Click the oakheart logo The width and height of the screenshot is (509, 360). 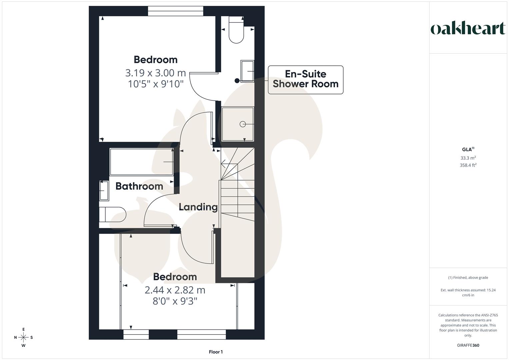coord(468,29)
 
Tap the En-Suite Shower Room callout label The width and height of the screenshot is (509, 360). coord(305,79)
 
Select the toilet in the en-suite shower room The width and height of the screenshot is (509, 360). coord(236,30)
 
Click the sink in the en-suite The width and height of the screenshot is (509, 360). coord(247,71)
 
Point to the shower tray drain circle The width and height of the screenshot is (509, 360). coord(242,124)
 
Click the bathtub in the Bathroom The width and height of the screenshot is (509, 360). coord(141,162)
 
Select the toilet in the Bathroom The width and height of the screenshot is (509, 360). coord(112,214)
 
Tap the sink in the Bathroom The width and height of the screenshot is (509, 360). coord(104,191)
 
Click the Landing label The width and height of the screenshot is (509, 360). coord(198,207)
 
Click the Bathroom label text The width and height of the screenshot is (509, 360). coord(139,186)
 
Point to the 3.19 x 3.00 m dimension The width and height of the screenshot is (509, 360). coord(155,72)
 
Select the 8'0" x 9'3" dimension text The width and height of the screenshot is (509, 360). coord(175,301)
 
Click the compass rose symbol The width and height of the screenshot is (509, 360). coord(23,337)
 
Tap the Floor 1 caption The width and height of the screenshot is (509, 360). coord(216,352)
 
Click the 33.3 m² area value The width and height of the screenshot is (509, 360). coord(468,158)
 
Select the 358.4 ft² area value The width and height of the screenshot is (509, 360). coord(468,165)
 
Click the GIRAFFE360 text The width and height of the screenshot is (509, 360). coord(468,345)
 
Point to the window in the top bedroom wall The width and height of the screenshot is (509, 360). coord(176,11)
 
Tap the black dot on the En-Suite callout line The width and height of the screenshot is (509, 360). coord(237,81)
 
